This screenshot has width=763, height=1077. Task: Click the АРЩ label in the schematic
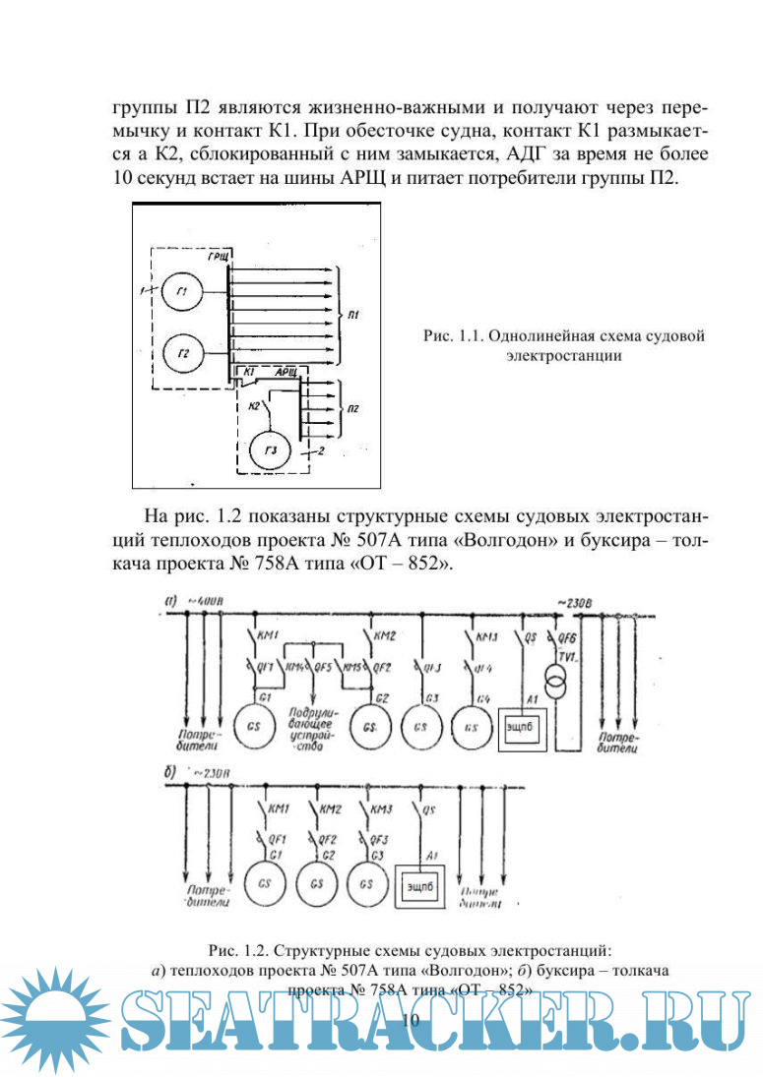click(x=287, y=370)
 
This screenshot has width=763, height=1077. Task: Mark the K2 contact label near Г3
click(x=255, y=404)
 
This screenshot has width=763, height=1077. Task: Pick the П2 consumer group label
click(x=354, y=405)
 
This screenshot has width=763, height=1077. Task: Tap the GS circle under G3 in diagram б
click(x=366, y=882)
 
